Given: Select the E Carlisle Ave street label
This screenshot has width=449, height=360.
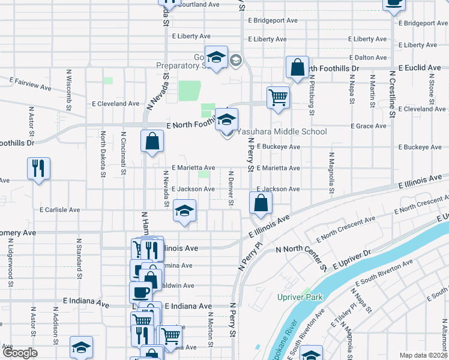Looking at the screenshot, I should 60,210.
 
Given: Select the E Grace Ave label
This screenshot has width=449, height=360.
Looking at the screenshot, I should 372,126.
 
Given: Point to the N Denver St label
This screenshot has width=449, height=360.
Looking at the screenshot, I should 231,188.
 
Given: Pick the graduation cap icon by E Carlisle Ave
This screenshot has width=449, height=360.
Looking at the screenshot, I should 185,211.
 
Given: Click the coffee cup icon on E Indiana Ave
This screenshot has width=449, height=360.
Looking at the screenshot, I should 140,292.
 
